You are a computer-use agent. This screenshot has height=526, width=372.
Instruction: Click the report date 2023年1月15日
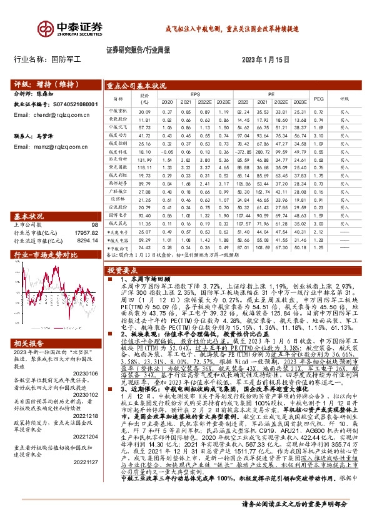(x=266, y=59)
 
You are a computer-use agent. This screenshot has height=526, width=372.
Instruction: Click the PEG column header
(x=318, y=99)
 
